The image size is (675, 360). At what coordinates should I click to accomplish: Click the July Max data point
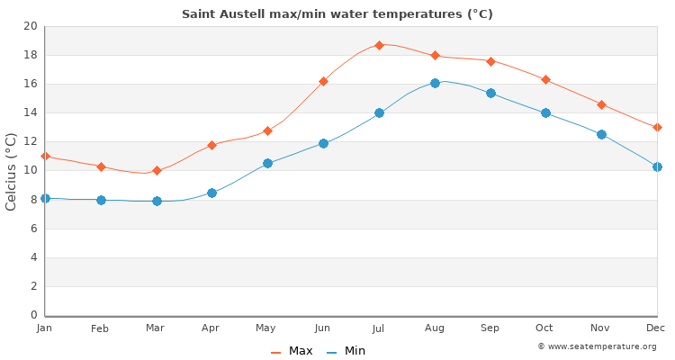(379, 45)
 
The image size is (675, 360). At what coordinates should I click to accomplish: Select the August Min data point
(435, 83)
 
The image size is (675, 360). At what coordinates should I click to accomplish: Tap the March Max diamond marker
(157, 170)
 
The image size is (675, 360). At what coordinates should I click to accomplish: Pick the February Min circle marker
(101, 200)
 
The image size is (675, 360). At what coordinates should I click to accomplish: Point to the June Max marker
(323, 81)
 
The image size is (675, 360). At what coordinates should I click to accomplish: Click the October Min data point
(545, 112)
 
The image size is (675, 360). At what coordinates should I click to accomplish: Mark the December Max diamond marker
(657, 127)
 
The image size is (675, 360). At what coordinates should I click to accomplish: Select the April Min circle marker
(211, 193)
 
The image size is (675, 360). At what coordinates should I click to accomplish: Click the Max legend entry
(292, 351)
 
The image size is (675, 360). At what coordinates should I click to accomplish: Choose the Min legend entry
(346, 351)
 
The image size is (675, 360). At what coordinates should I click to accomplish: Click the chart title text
(337, 14)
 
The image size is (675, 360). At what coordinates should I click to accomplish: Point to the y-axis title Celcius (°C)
(12, 171)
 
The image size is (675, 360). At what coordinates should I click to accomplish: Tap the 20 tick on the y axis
(31, 26)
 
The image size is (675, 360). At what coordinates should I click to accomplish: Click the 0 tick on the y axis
(34, 315)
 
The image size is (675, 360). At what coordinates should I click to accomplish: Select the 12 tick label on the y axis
(31, 141)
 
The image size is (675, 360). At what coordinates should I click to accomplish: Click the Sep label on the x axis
(490, 328)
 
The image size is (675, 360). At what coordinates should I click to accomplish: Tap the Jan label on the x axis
(45, 328)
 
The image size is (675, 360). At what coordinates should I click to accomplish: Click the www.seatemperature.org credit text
(597, 346)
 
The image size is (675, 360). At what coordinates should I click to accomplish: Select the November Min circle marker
(601, 134)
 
